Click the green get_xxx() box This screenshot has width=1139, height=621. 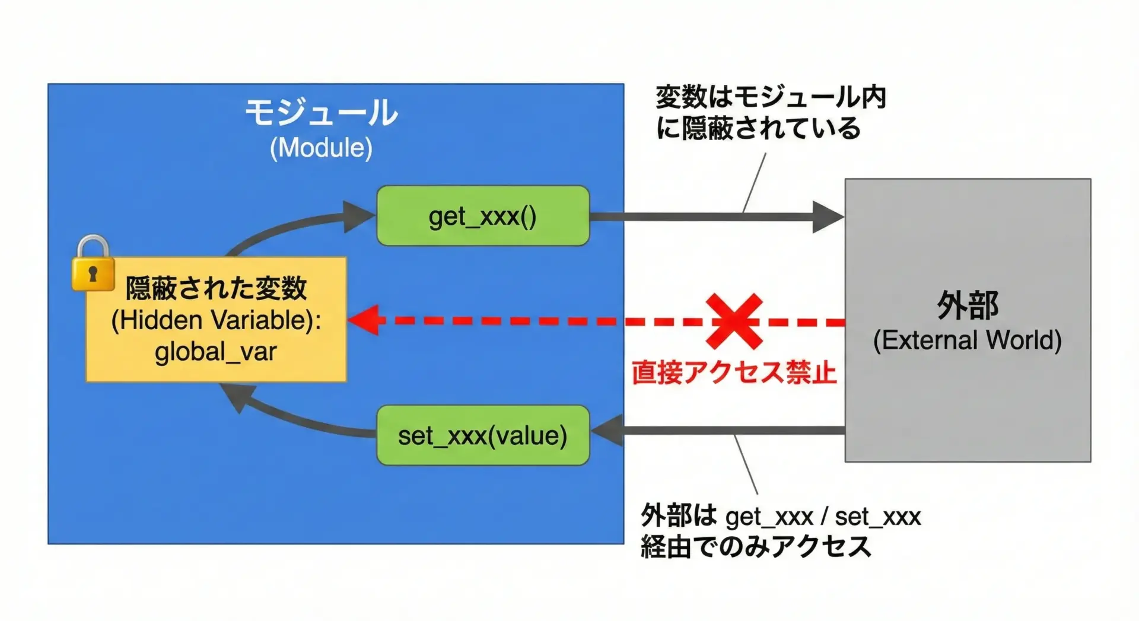pos(483,216)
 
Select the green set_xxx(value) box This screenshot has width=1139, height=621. pos(483,435)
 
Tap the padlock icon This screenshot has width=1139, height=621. pos(93,265)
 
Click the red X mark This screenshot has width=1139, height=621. pos(734,321)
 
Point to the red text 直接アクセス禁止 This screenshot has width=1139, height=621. pos(734,373)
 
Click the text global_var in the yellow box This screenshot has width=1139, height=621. pos(216,352)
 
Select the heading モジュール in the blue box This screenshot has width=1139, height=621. pos(321,113)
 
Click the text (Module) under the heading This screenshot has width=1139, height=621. pos(321,148)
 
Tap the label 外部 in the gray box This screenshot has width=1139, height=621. pos(968,305)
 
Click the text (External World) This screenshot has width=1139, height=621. pos(968,340)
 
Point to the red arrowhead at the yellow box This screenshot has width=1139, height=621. pos(363,320)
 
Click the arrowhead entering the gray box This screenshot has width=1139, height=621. pos(828,217)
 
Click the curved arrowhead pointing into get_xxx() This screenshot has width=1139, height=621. pos(358,216)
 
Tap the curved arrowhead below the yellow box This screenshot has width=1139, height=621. pos(236,396)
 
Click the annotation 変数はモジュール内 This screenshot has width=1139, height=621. pos(771,97)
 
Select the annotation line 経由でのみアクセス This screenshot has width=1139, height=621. pos(756,546)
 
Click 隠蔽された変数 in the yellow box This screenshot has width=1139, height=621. pos(216,289)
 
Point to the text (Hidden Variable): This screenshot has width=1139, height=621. pos(216,320)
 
